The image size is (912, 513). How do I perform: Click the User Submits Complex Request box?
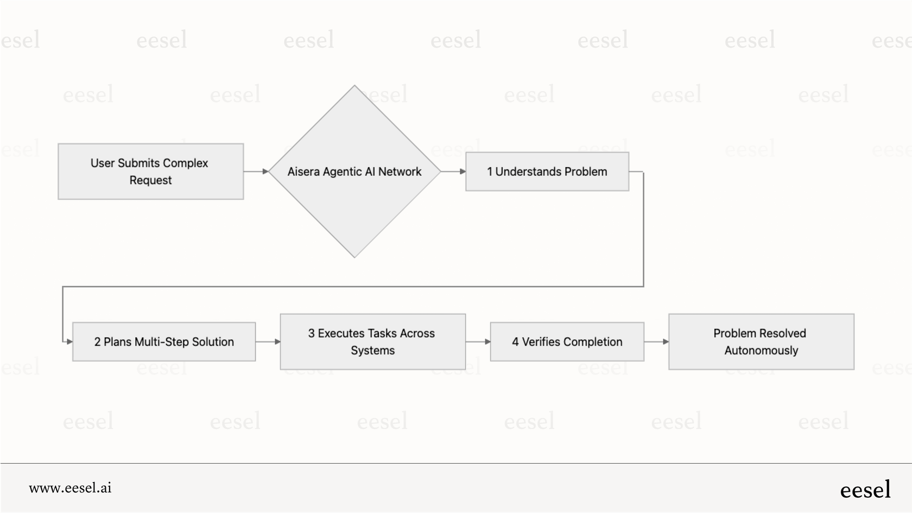coord(150,172)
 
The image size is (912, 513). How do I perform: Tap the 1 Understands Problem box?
coord(547,172)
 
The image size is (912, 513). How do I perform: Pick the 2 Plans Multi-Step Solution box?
coord(163,342)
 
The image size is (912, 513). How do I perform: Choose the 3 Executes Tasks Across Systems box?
coord(372,342)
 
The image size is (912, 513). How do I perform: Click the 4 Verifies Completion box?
coord(567,342)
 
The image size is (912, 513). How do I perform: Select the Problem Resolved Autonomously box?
coord(761,342)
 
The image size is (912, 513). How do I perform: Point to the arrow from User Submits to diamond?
coord(256,172)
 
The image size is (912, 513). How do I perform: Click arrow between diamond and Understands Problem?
coord(453,172)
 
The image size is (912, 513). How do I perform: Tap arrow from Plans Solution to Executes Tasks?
coord(268,342)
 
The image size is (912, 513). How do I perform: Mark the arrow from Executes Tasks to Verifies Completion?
coord(478,342)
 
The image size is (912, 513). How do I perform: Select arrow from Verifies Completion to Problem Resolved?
coord(656,342)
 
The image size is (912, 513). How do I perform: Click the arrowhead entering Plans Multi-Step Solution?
coord(69,342)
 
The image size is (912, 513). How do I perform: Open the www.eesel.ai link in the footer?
coord(70,488)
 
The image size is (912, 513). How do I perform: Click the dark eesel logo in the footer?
coord(865,490)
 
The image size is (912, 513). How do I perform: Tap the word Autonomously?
coord(761,351)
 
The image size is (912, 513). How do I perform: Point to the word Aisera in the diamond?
coord(303,172)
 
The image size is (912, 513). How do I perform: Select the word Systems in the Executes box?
coord(372,351)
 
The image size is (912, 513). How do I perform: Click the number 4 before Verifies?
coord(515,342)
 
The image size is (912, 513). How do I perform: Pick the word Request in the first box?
coord(150,180)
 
